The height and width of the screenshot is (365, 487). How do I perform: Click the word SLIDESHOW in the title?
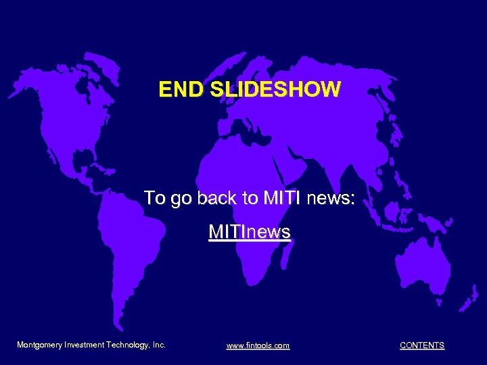pyautogui.click(x=274, y=89)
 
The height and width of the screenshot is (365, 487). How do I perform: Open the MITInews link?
pyautogui.click(x=250, y=233)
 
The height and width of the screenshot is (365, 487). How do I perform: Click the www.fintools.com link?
pyautogui.click(x=258, y=345)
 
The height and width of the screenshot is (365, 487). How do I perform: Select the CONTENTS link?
pyautogui.click(x=422, y=345)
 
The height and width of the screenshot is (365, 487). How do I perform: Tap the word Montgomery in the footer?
pyautogui.click(x=39, y=345)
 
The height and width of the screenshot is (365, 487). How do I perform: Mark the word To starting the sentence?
pyautogui.click(x=154, y=198)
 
